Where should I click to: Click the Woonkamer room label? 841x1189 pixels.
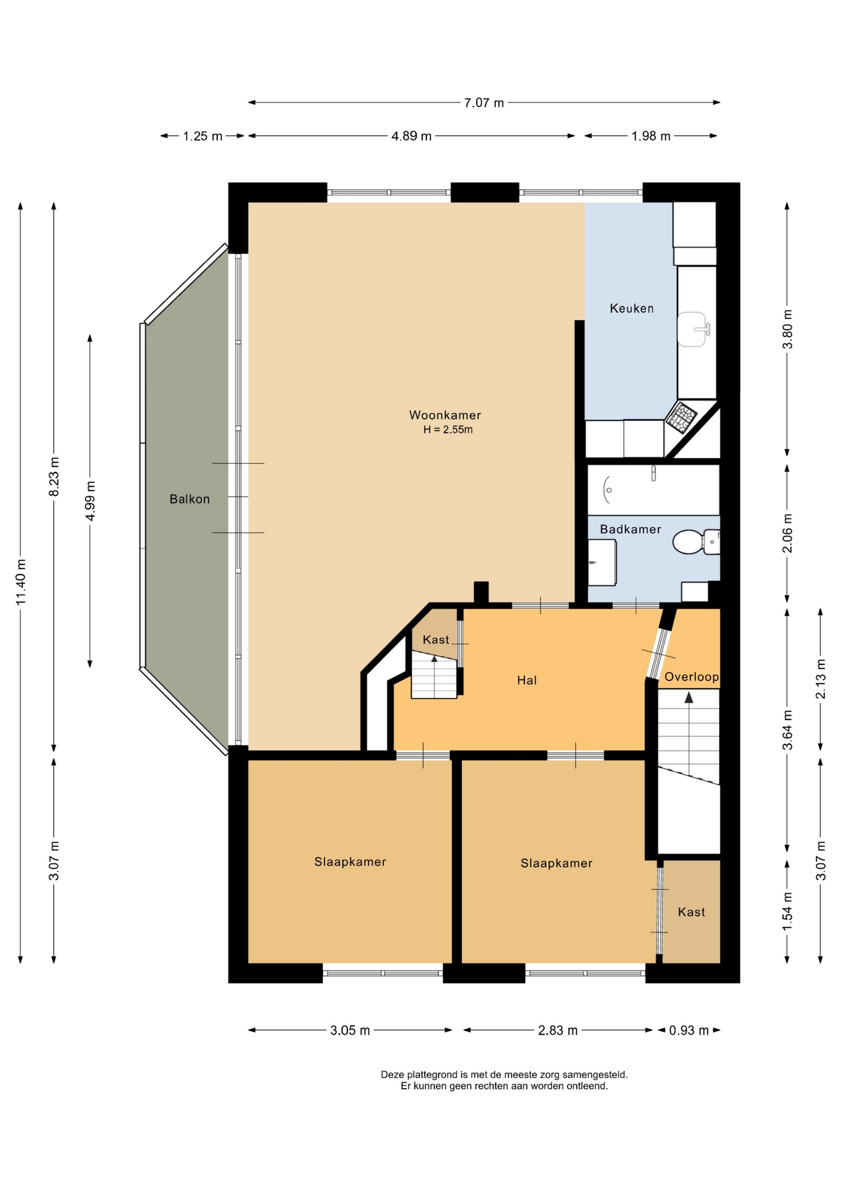[x=445, y=415]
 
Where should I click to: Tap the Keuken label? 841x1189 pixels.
[x=632, y=308]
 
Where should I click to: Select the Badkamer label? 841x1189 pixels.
[x=630, y=529]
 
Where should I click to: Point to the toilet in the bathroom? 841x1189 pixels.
[x=695, y=542]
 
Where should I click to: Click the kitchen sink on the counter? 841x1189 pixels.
[x=693, y=329]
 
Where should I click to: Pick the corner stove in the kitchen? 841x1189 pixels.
[x=681, y=416]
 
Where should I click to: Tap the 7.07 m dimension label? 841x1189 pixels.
[x=484, y=103]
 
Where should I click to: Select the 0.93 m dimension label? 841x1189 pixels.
[x=689, y=1030]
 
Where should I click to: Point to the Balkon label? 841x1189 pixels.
[x=190, y=499]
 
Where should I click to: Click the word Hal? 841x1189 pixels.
[x=526, y=680]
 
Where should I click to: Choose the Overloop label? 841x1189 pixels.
[x=692, y=677]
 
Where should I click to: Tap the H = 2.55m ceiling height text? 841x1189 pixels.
[x=448, y=430]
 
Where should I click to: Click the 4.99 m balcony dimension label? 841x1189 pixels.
[x=90, y=501]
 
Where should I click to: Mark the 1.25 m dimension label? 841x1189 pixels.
[x=203, y=136]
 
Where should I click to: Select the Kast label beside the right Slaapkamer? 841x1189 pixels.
[x=691, y=912]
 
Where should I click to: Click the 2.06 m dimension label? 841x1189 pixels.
[x=788, y=533]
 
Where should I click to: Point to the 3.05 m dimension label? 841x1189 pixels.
[x=350, y=1030]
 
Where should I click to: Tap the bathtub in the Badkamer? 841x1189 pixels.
[x=653, y=490]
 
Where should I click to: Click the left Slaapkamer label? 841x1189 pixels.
[x=350, y=861]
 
